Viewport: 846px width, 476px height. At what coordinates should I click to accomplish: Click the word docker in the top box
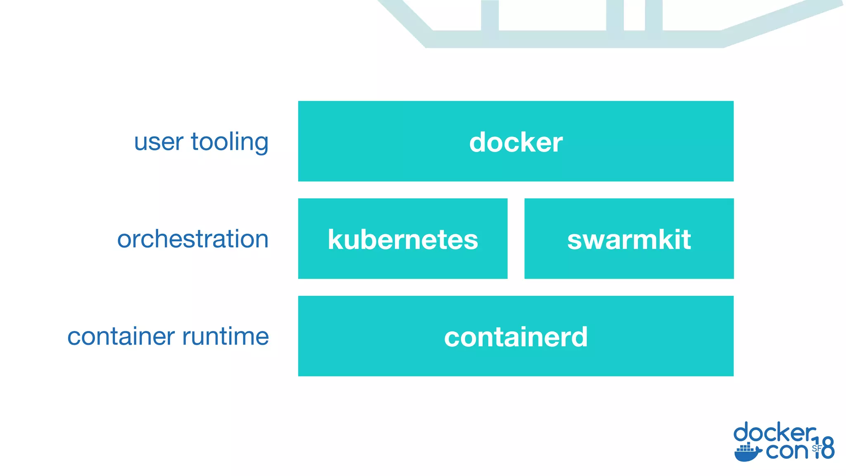pyautogui.click(x=516, y=142)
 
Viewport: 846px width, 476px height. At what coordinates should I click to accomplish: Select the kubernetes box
pyautogui.click(x=403, y=239)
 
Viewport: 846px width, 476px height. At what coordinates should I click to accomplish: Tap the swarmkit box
pyautogui.click(x=629, y=239)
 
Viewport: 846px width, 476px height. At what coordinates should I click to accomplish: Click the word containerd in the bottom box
pyautogui.click(x=516, y=337)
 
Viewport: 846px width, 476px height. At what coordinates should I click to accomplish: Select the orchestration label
pyautogui.click(x=192, y=239)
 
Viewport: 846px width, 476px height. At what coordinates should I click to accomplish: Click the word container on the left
pyautogui.click(x=121, y=336)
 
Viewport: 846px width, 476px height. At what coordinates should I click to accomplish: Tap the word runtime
pyautogui.click(x=225, y=336)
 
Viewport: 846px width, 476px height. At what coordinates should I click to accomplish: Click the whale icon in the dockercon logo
pyautogui.click(x=747, y=453)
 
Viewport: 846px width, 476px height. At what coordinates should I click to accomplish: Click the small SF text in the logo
pyautogui.click(x=816, y=448)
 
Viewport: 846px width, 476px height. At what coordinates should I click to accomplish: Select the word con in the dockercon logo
pyautogui.click(x=786, y=451)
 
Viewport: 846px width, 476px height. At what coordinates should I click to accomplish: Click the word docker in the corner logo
pyautogui.click(x=774, y=433)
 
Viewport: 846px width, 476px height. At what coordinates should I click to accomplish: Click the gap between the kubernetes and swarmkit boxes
pyautogui.click(x=516, y=239)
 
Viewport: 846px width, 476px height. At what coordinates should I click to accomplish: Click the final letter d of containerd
pyautogui.click(x=579, y=337)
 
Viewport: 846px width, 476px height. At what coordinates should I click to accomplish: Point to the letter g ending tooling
pyautogui.click(x=261, y=144)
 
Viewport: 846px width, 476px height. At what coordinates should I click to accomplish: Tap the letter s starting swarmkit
pyautogui.click(x=575, y=240)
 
